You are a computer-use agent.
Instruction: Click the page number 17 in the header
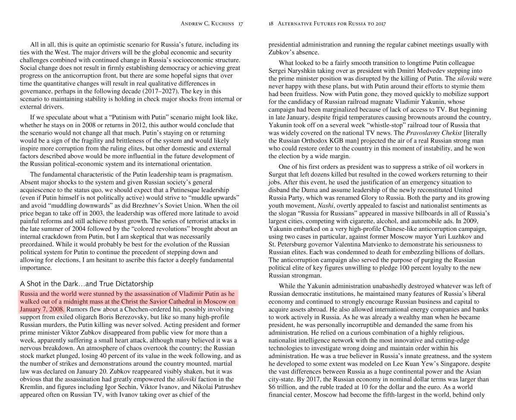[240, 24]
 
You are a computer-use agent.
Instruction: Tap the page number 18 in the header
[271, 24]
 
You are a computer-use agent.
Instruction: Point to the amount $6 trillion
[284, 387]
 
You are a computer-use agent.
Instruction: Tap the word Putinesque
[181, 190]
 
